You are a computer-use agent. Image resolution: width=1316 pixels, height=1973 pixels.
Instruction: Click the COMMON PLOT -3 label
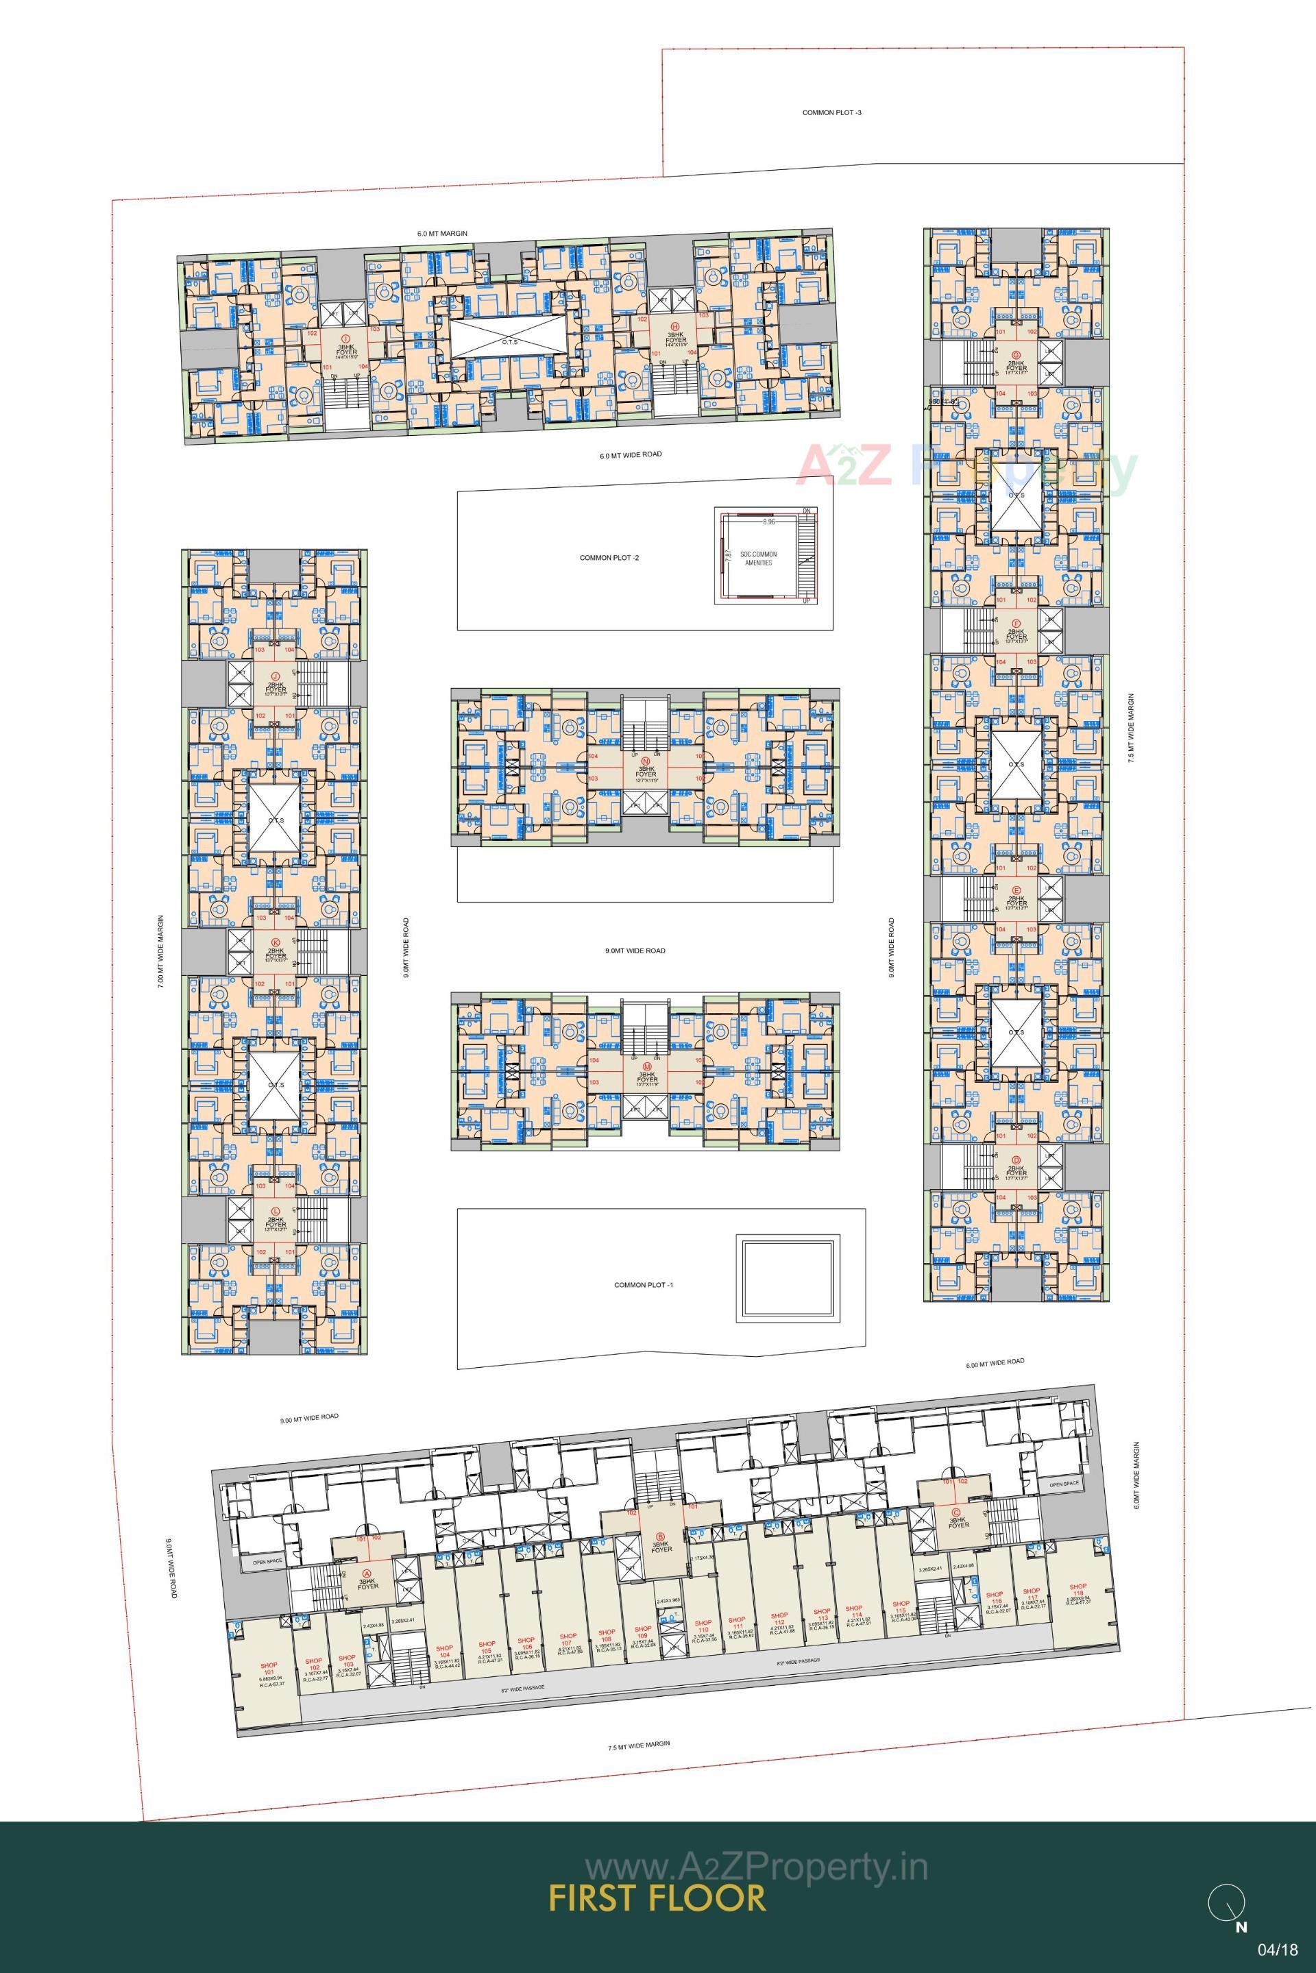(x=831, y=112)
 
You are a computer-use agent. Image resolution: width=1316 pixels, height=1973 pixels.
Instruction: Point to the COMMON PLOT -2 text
(x=609, y=557)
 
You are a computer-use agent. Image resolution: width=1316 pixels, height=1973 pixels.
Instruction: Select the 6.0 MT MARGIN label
(x=442, y=233)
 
